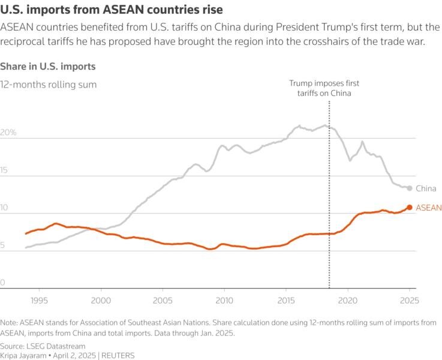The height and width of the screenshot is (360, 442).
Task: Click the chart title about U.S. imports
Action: [x=112, y=10]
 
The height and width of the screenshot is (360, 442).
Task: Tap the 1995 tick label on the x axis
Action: [x=39, y=299]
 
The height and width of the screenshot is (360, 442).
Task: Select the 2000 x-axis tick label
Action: [x=101, y=299]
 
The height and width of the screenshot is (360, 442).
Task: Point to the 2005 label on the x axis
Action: [x=163, y=299]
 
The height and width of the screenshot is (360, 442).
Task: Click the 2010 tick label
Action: [x=224, y=299]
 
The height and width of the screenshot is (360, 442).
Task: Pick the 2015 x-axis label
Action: [x=286, y=299]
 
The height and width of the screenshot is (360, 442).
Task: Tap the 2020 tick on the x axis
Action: [x=348, y=299]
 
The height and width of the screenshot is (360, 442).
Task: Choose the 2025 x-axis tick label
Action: [x=409, y=299]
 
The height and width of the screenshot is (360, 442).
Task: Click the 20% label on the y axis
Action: [x=8, y=133]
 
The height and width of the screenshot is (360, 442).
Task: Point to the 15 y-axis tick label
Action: [x=5, y=170]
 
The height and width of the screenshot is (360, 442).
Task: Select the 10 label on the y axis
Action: [x=5, y=208]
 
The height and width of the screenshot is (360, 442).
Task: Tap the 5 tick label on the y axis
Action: [x=3, y=245]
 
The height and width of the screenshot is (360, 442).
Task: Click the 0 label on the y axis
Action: [x=3, y=283]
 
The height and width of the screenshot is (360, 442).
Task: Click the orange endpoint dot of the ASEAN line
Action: [x=410, y=208]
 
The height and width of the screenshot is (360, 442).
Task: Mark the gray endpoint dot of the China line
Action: [x=410, y=188]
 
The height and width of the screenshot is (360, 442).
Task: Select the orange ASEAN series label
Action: [x=428, y=208]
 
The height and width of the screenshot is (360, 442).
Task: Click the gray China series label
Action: [x=426, y=188]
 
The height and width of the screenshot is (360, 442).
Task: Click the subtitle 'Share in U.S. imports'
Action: [x=48, y=66]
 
